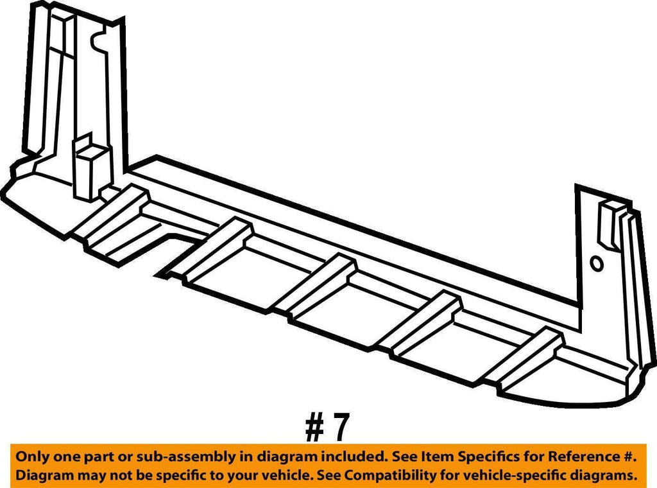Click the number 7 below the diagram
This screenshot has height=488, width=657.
point(339,427)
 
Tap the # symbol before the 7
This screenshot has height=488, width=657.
point(314,427)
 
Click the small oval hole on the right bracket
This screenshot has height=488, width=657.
point(596,264)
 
